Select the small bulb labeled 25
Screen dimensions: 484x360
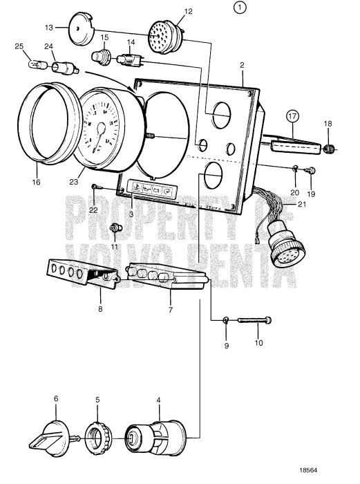pyautogui.click(x=35, y=67)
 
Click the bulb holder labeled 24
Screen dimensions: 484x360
pyautogui.click(x=66, y=68)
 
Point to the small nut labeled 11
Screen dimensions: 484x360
pyautogui.click(x=115, y=228)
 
